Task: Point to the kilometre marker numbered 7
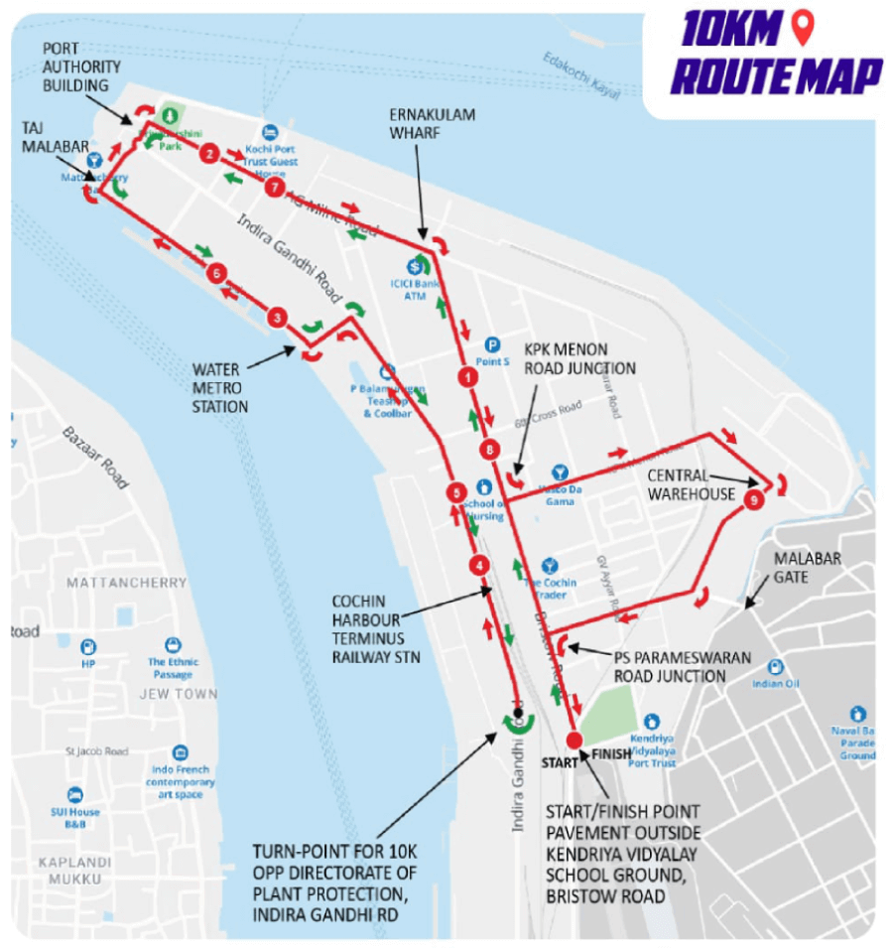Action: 275,187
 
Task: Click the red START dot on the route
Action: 574,740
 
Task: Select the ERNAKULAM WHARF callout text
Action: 431,123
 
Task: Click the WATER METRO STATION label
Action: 220,388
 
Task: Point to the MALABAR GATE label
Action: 808,568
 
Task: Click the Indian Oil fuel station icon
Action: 776,667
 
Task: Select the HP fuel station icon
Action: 88,646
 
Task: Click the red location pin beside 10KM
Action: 803,28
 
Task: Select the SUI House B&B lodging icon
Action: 75,795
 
